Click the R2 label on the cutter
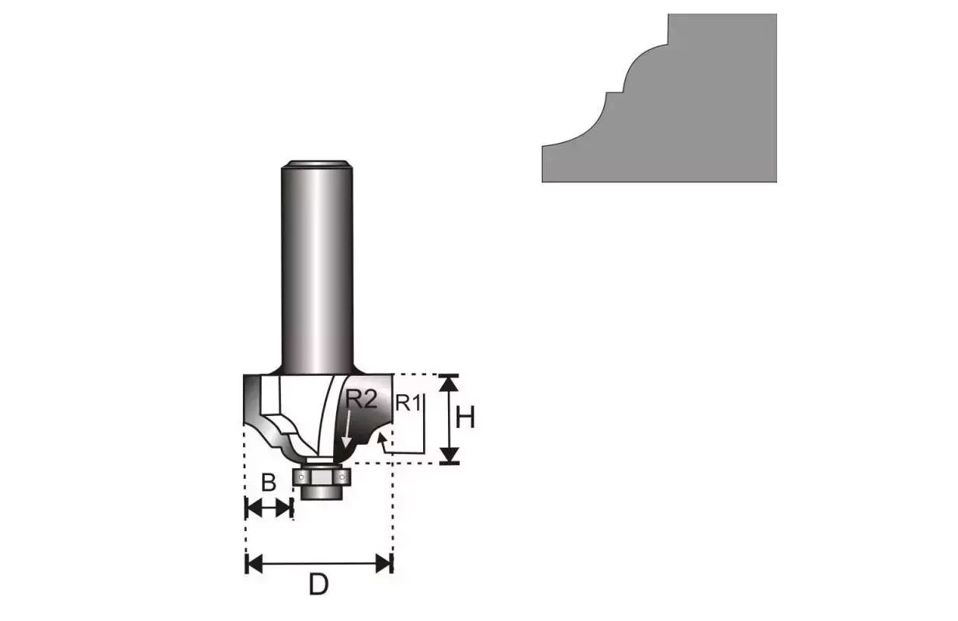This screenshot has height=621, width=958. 362,400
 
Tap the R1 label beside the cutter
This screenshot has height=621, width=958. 408,404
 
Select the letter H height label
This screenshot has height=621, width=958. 465,418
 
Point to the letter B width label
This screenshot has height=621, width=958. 269,483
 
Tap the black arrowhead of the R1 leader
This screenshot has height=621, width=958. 381,438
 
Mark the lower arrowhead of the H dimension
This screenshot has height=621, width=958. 449,455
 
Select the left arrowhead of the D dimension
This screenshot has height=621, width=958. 254,564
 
